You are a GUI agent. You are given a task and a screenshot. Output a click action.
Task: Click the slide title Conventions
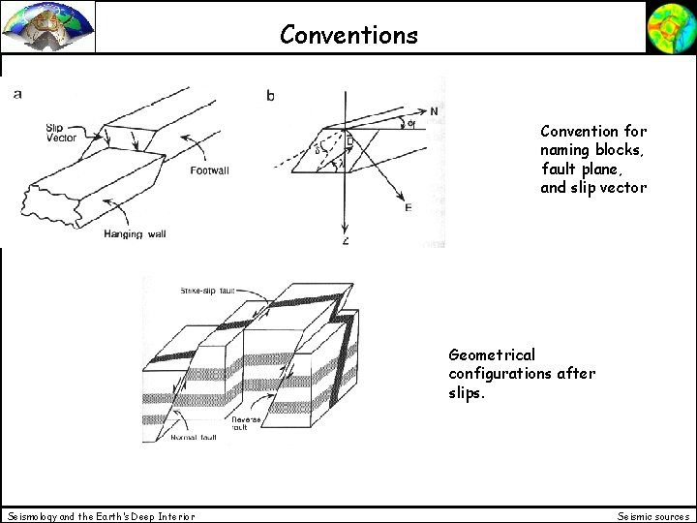(348, 35)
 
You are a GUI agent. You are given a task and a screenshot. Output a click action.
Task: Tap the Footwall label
(210, 171)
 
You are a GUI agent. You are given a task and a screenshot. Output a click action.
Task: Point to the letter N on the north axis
(433, 110)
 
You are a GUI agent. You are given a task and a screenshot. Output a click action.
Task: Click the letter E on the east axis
(409, 206)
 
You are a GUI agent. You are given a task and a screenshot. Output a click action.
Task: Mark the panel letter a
(17, 94)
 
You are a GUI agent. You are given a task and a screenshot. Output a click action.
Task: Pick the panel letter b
(270, 95)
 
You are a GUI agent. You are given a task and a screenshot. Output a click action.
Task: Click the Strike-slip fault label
(208, 290)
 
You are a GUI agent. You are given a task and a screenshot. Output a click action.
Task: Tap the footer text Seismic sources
(653, 515)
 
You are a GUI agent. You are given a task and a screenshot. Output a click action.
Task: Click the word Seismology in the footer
(35, 515)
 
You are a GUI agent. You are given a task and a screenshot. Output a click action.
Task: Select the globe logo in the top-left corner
(48, 26)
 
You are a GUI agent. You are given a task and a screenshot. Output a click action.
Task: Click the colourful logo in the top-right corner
(670, 26)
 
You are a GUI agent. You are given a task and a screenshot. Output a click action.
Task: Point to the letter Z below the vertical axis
(346, 240)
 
